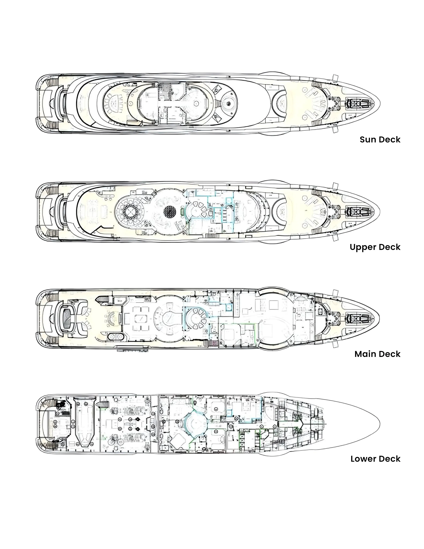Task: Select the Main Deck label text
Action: [377, 354]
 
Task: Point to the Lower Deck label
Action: [375, 459]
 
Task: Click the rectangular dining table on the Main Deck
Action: [139, 318]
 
